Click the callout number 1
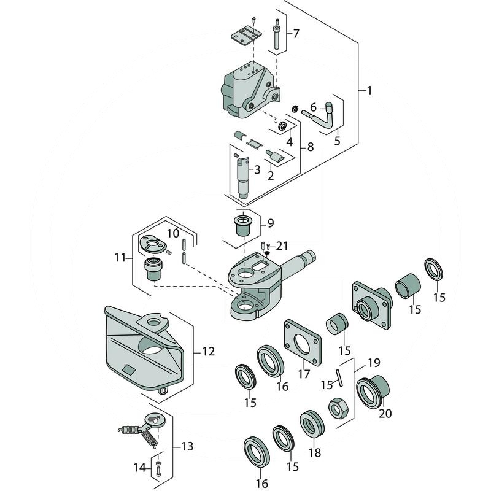(369, 90)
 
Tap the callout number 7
(296, 33)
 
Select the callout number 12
(208, 352)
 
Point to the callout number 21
(282, 246)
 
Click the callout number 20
(385, 413)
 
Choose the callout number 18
(314, 453)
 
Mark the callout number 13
(187, 446)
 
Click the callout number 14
(140, 468)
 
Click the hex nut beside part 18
(337, 407)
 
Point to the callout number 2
(270, 176)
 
